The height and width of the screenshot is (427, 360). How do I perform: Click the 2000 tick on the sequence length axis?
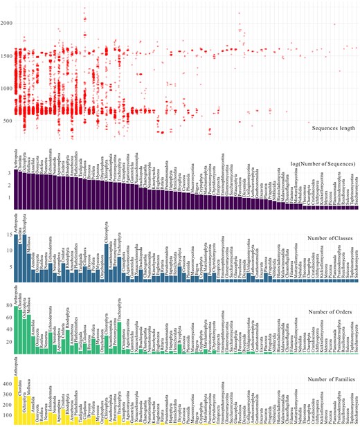click(x=6, y=24)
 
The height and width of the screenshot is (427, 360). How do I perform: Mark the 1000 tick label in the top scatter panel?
click(x=6, y=89)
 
